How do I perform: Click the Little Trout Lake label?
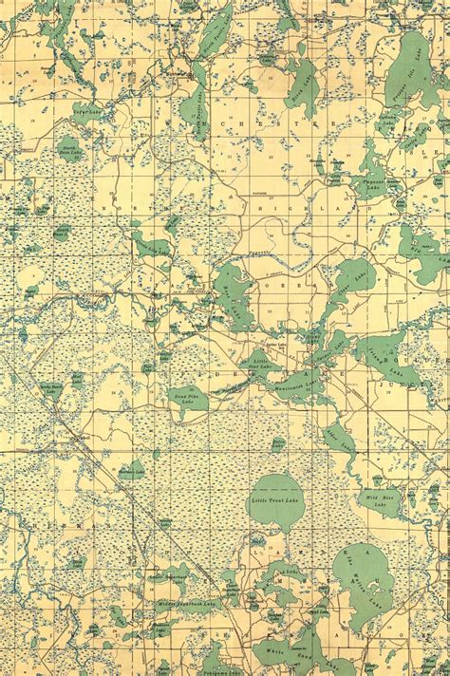(x=273, y=500)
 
